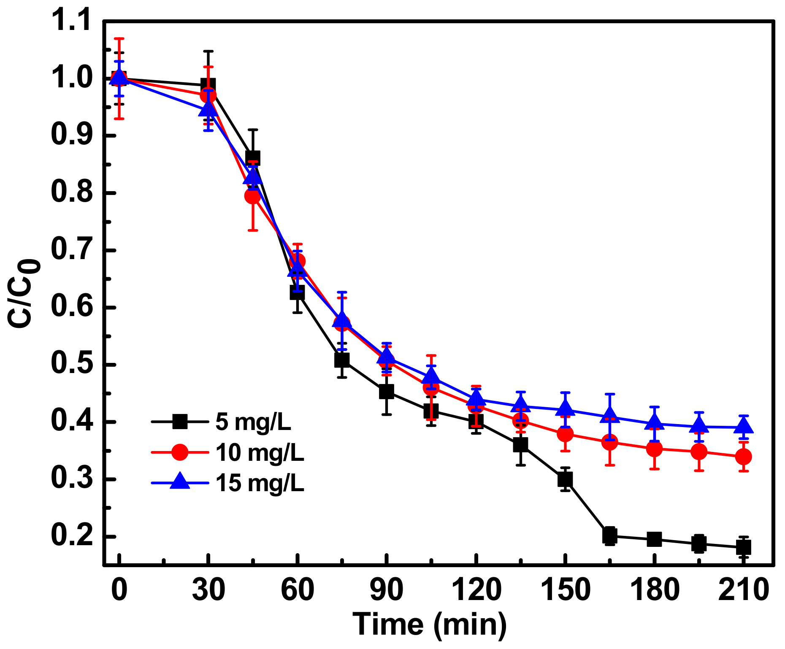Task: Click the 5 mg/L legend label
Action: coord(253,422)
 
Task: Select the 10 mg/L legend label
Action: coord(260,452)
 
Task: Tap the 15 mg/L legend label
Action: coord(260,483)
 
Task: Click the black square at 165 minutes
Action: coord(609,536)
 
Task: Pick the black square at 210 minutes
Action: coord(743,548)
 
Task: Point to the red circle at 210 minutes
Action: coord(743,457)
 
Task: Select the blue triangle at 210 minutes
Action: coord(743,426)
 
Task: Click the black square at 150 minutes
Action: coord(565,479)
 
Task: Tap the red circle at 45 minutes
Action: coord(253,196)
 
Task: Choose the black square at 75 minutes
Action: coord(342,360)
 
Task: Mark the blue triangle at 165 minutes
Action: coord(609,416)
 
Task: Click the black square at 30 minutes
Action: coord(208,85)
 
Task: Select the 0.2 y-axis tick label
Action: coord(70,536)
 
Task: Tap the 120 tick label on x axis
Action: coord(476,590)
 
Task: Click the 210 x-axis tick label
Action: coord(744,590)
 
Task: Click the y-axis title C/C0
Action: coord(23,293)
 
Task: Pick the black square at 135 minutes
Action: coord(520,445)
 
